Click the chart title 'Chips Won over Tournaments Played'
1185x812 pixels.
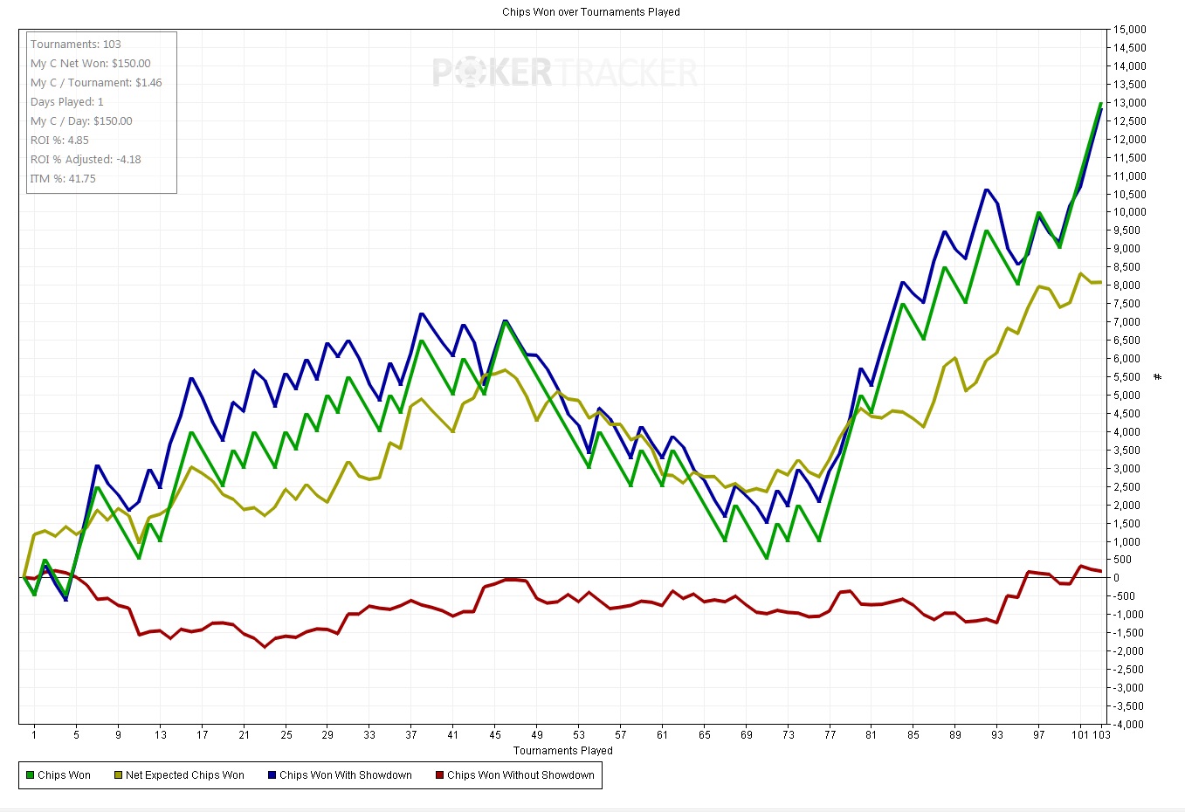[x=590, y=12]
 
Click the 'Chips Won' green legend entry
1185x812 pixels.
[x=59, y=775]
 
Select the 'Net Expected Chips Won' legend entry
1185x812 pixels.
[x=179, y=775]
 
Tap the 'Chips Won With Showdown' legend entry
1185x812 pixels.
[x=340, y=775]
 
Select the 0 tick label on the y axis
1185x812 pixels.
[x=1116, y=578]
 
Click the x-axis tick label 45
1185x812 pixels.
[x=495, y=734]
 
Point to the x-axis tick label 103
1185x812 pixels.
[x=1101, y=734]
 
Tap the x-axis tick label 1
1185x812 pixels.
[x=34, y=734]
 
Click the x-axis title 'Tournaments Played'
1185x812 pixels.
[x=563, y=751]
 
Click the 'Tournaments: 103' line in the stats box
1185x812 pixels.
[x=76, y=45]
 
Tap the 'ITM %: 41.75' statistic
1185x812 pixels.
[x=63, y=179]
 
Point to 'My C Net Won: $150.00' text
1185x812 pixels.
[x=90, y=64]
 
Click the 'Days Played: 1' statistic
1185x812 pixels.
[x=67, y=102]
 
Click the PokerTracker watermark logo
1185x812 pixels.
[x=564, y=72]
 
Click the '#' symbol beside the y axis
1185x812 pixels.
[x=1158, y=377]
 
